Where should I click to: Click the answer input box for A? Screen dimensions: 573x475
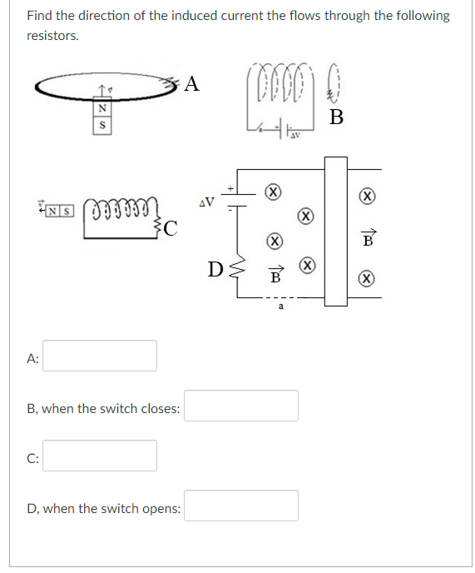(100, 356)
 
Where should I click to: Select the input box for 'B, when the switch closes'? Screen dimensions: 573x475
(240, 406)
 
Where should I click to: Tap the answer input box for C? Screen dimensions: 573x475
(100, 456)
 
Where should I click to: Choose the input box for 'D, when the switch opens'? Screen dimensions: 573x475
(240, 506)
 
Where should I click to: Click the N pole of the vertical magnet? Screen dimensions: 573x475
(102, 107)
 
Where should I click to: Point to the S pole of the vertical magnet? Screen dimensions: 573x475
(102, 125)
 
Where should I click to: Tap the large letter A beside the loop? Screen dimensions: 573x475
(192, 83)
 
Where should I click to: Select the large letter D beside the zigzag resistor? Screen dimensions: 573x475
(215, 270)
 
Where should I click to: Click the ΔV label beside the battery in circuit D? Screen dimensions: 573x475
(208, 201)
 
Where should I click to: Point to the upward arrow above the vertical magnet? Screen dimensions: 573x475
(101, 89)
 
